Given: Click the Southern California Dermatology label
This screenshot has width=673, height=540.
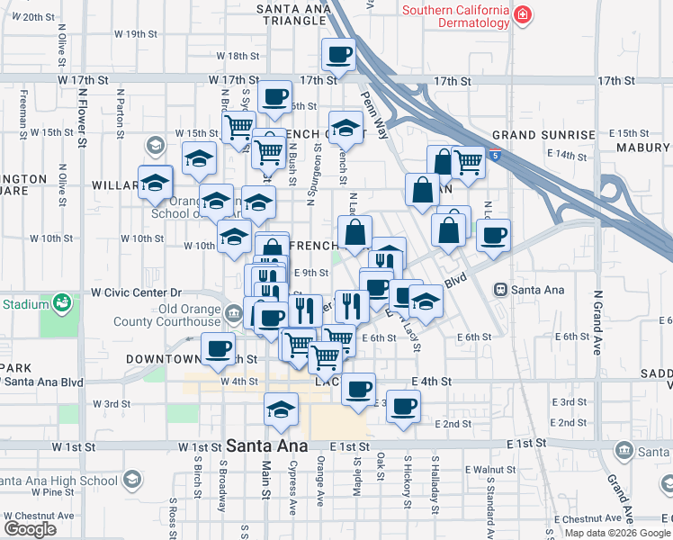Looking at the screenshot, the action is (455, 18).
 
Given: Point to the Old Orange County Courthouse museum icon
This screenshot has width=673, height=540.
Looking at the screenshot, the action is (234, 314).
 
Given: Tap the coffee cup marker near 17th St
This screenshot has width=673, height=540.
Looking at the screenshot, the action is (338, 55).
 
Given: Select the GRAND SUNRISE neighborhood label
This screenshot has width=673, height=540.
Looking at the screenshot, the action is (543, 135).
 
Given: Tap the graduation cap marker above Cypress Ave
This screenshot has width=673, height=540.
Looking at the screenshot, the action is (281, 408).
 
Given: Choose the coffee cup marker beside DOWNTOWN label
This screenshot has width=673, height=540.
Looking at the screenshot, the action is (217, 348).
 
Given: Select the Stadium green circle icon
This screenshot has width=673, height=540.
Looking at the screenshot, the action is (62, 302).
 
